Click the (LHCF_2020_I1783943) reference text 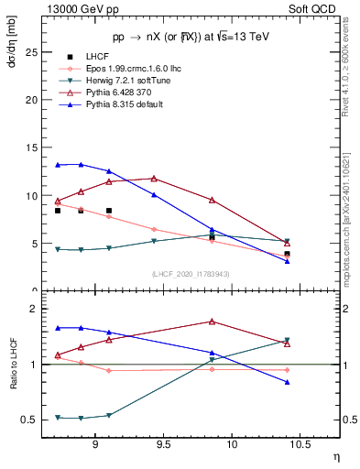(x=190, y=275)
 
